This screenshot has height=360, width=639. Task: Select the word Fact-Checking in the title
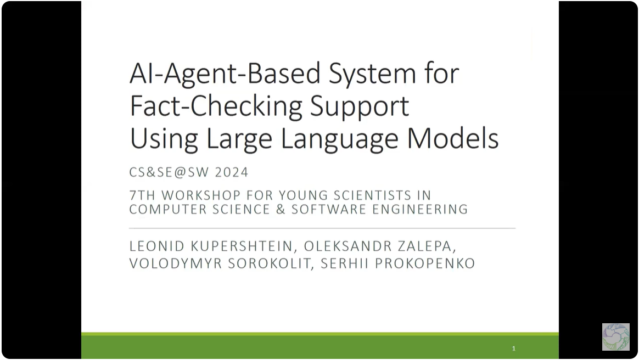pos(216,106)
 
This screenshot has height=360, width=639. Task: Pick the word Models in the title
pos(453,138)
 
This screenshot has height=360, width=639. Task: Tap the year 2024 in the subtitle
pos(232,172)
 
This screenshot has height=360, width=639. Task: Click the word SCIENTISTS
pos(373,195)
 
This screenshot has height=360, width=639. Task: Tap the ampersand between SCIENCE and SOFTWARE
pos(281,209)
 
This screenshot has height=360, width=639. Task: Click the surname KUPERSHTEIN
pos(242,246)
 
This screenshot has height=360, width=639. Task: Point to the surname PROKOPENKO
pos(425,263)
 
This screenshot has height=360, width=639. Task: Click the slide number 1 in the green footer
pos(513,348)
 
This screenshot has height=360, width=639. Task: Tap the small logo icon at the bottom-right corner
pos(616,337)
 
